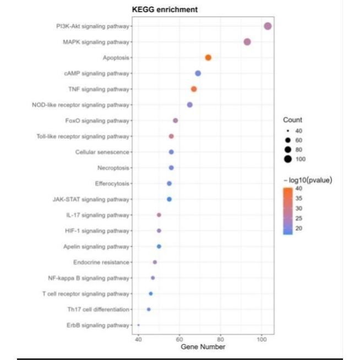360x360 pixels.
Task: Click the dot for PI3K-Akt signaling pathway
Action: pyautogui.click(x=268, y=26)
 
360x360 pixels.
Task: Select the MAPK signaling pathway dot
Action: pyautogui.click(x=247, y=42)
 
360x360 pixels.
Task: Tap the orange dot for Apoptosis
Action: pyautogui.click(x=208, y=58)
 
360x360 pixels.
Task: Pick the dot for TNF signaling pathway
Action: pyautogui.click(x=194, y=89)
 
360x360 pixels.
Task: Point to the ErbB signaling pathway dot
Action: pyautogui.click(x=138, y=325)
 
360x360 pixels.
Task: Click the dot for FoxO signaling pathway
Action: pyautogui.click(x=176, y=121)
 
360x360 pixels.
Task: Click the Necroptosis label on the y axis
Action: pyautogui.click(x=113, y=167)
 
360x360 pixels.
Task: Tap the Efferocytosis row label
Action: pyautogui.click(x=112, y=183)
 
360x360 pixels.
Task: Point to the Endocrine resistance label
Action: pyautogui.click(x=101, y=262)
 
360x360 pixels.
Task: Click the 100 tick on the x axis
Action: pyautogui.click(x=261, y=339)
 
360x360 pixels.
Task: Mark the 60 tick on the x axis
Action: pyautogui.click(x=179, y=339)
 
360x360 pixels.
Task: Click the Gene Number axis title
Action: pyautogui.click(x=203, y=347)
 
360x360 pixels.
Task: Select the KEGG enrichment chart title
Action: pyautogui.click(x=165, y=9)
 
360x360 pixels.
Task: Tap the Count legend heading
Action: pyautogui.click(x=292, y=120)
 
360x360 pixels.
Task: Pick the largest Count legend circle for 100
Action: pyautogui.click(x=288, y=160)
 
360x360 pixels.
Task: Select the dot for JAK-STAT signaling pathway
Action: pyautogui.click(x=169, y=199)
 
